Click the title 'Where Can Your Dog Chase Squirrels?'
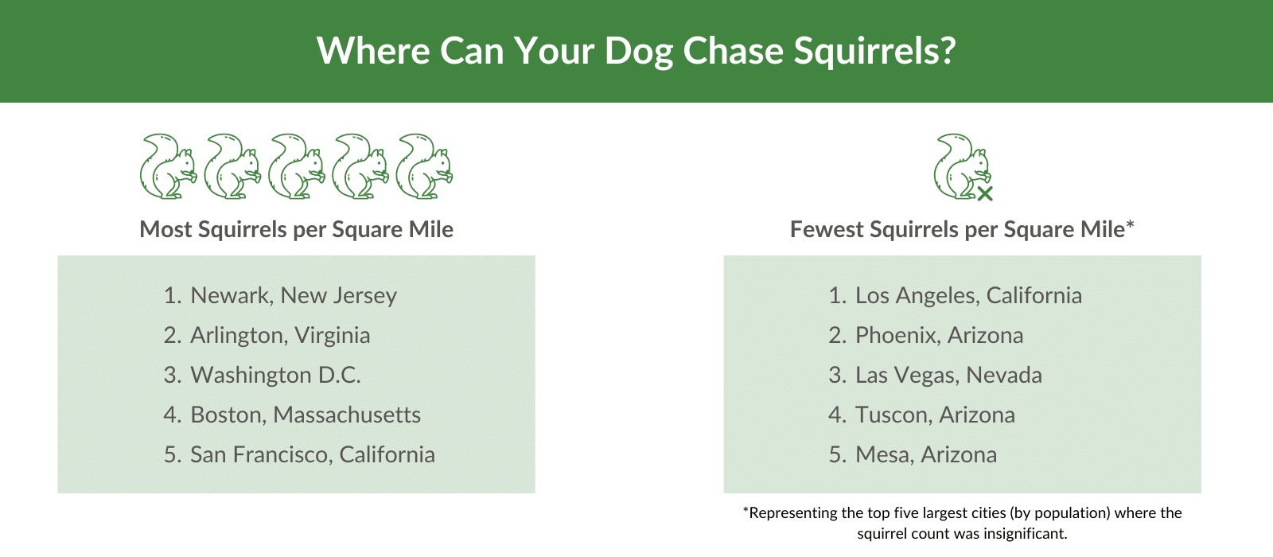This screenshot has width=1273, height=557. [636, 51]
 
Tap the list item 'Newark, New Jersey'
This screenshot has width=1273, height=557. [293, 295]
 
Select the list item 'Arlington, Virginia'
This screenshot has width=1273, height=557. [279, 335]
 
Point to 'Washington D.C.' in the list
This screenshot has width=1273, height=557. [275, 375]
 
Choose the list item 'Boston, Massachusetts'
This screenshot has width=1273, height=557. [305, 415]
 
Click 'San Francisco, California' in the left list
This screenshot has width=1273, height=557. [312, 454]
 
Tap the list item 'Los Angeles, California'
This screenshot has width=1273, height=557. [967, 295]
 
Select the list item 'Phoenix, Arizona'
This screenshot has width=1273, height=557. [938, 335]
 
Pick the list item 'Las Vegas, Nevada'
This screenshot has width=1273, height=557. [948, 375]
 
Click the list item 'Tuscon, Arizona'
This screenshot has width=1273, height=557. [934, 415]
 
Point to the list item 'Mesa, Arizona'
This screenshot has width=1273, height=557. [925, 454]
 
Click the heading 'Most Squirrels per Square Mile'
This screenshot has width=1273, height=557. [296, 229]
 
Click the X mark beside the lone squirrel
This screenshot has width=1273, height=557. [985, 193]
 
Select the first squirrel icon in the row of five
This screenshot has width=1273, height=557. [167, 166]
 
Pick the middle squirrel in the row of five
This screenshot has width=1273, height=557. [296, 166]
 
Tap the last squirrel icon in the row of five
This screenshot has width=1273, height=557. [424, 166]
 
